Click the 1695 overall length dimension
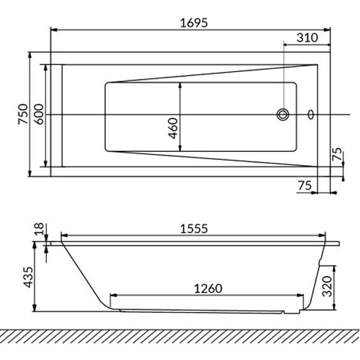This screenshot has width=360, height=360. pos(194,23)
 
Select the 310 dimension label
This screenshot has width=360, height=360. pos(307,38)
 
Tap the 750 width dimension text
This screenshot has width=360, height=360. pos(23,114)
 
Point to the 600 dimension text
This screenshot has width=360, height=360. pos(39,114)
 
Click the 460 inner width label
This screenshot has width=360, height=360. pos(173,128)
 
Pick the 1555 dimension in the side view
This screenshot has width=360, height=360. pos(194,229)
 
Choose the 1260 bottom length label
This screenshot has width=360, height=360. pos(208,289)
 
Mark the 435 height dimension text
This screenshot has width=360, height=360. pos(29,277)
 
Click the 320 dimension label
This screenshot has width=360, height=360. pos(327,286)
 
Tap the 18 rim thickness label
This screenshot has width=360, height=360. pos(39,229)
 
